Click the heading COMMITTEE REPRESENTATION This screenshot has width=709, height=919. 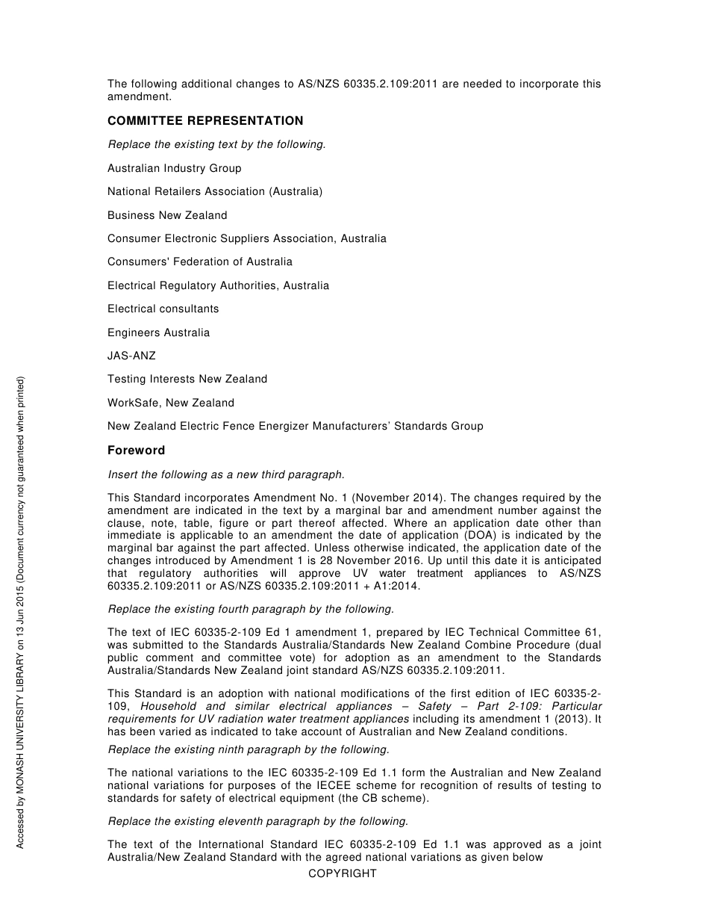pyautogui.click(x=205, y=121)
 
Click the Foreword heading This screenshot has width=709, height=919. pyautogui.click(x=136, y=451)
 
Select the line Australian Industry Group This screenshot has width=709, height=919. pyautogui.click(x=174, y=168)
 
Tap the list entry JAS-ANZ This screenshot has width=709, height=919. pyautogui.click(x=131, y=356)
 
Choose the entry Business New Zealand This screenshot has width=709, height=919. pyautogui.click(x=167, y=215)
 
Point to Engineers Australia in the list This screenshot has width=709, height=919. pyautogui.click(x=158, y=332)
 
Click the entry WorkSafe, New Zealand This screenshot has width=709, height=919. pyautogui.click(x=170, y=403)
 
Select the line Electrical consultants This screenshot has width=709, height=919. pyautogui.click(x=163, y=309)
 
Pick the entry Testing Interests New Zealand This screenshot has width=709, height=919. pyautogui.click(x=187, y=379)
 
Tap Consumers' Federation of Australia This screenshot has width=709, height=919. pyautogui.click(x=199, y=262)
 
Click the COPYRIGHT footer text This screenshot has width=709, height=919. pyautogui.click(x=343, y=873)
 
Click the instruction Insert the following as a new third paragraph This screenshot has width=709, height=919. pyautogui.click(x=226, y=474)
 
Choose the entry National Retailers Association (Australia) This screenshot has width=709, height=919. pyautogui.click(x=214, y=191)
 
